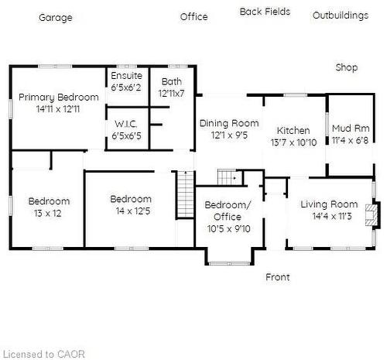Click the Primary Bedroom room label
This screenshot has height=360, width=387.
(x=59, y=98)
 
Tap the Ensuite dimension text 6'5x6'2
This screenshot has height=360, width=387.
(x=126, y=87)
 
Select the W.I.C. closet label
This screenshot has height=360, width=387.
(x=126, y=124)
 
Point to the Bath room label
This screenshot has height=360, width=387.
(x=172, y=81)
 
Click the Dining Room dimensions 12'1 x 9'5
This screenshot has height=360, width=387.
(x=229, y=135)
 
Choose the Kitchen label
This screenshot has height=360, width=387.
(x=293, y=130)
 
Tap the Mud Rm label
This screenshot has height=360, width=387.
(x=351, y=129)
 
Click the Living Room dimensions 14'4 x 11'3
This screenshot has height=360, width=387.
(x=332, y=216)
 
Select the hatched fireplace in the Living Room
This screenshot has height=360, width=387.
(x=372, y=215)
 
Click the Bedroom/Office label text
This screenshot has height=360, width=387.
(x=228, y=211)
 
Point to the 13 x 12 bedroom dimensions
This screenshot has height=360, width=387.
(x=48, y=213)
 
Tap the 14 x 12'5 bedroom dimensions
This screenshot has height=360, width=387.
(x=133, y=211)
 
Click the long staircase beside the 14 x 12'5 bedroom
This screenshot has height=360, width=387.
(x=186, y=195)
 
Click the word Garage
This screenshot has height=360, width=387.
(x=56, y=18)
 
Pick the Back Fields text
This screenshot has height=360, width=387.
(x=265, y=12)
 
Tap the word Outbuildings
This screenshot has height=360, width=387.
(x=341, y=15)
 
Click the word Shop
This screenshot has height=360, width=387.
(x=347, y=67)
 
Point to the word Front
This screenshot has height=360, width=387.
(x=278, y=277)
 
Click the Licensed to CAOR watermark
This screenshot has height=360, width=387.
(x=44, y=354)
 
